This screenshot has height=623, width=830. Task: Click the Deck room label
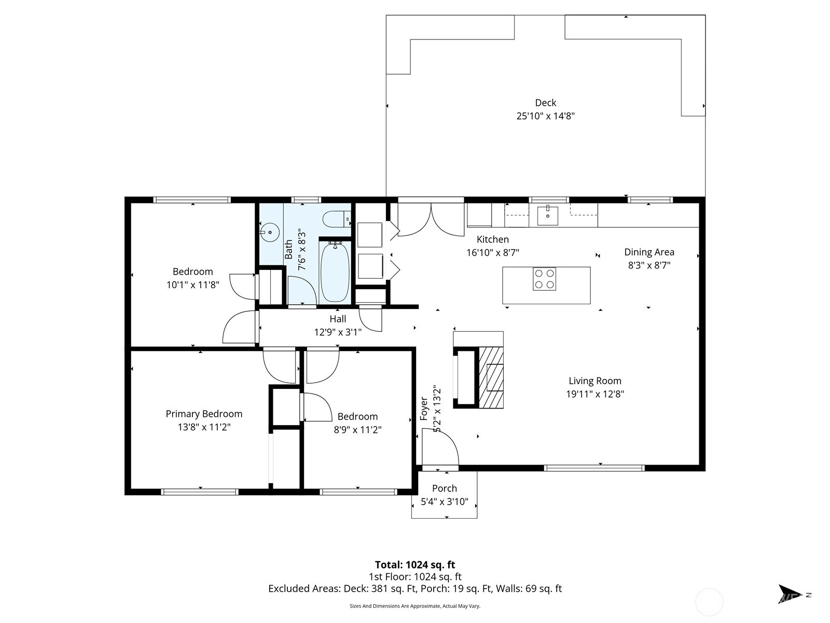[x=545, y=103]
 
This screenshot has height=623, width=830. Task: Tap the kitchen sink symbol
[x=547, y=215]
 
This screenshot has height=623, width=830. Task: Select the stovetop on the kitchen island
[x=544, y=279]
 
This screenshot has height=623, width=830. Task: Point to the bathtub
[x=335, y=272]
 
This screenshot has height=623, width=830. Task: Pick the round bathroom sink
[x=270, y=232]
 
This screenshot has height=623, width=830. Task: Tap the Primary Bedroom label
[x=204, y=414]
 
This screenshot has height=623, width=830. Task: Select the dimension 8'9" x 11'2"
[x=357, y=430]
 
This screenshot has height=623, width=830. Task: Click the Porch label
[x=444, y=488]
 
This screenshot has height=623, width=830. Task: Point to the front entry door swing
[x=441, y=450]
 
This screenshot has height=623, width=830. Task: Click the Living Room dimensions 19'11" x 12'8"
[x=594, y=394]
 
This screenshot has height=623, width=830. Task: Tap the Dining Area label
[x=649, y=252]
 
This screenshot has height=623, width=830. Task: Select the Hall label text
[x=337, y=319]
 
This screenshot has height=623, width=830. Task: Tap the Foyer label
[x=424, y=409]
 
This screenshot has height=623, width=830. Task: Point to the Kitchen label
[x=492, y=239]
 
